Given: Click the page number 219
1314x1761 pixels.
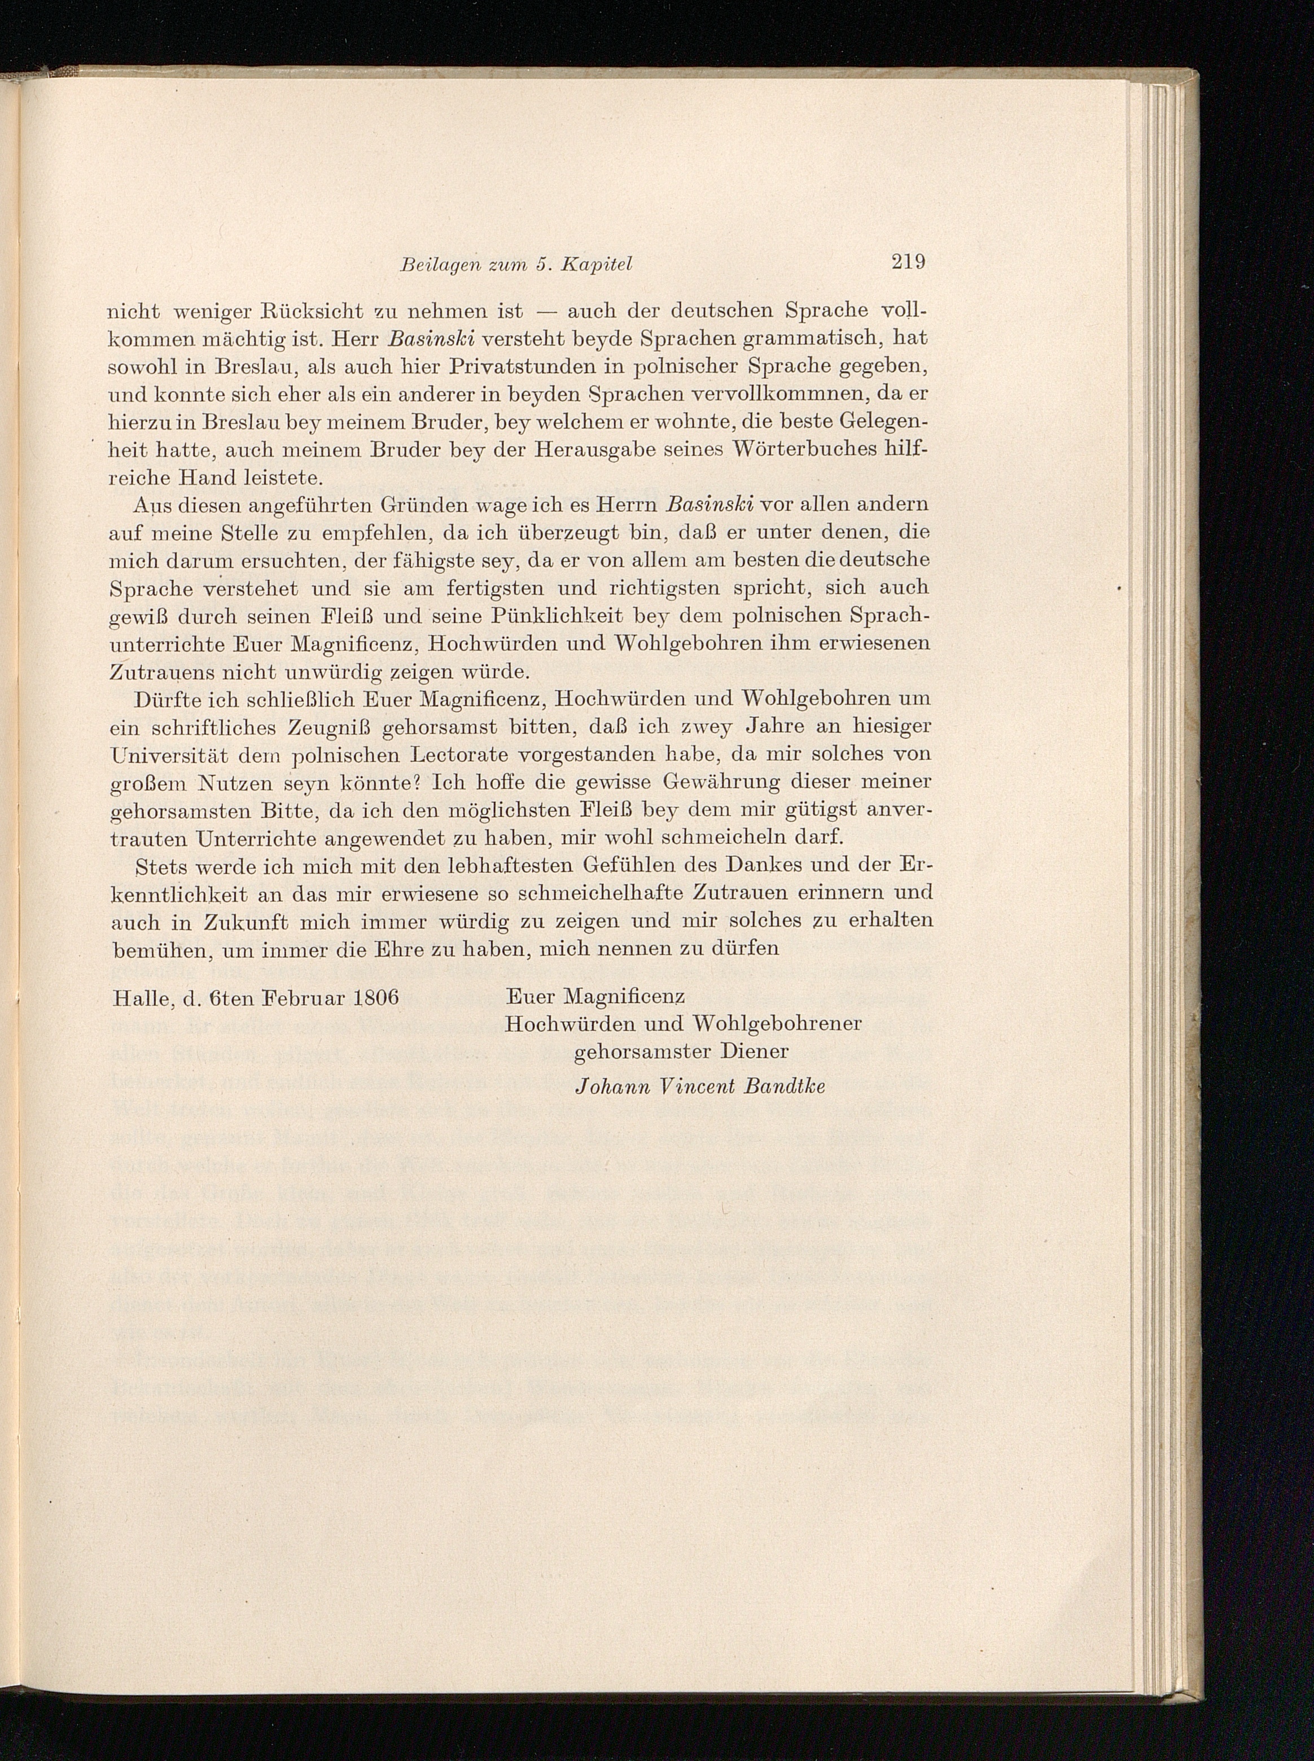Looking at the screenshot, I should pyautogui.click(x=908, y=262).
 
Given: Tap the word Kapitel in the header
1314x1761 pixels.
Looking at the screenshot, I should pyautogui.click(x=595, y=265).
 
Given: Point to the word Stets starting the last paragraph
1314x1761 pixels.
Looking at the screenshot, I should pyautogui.click(x=161, y=865).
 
